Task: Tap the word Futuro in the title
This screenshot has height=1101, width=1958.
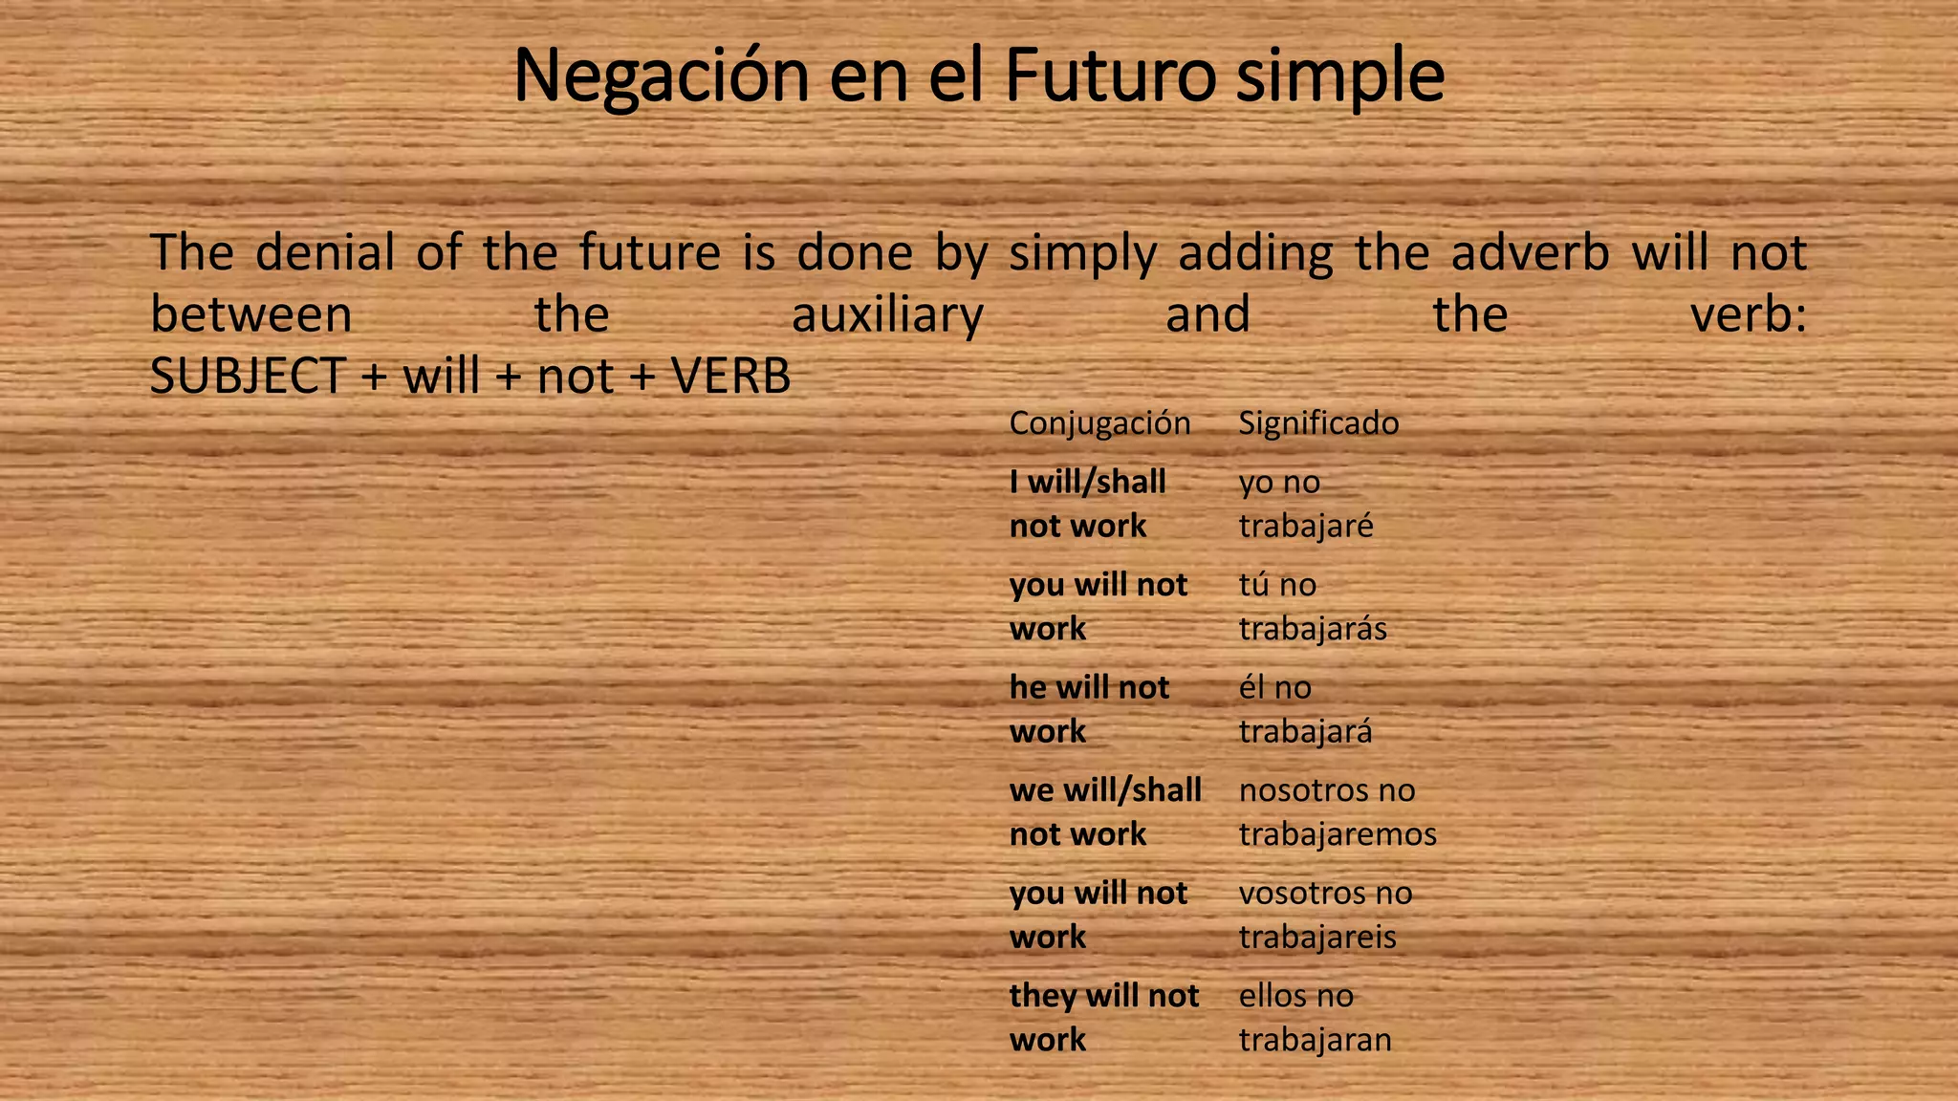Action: tap(1110, 76)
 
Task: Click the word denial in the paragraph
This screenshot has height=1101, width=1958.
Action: tap(325, 253)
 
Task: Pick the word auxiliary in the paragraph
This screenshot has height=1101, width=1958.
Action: tap(887, 315)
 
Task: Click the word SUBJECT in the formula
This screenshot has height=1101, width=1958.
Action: tap(247, 377)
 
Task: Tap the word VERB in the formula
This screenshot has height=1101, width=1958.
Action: tap(731, 377)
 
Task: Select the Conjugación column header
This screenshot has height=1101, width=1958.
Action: tap(1099, 423)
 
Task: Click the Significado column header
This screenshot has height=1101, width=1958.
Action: tap(1318, 423)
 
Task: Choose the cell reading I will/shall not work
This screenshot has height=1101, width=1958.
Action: tap(1088, 504)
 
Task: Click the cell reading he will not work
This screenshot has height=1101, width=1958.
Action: tap(1089, 709)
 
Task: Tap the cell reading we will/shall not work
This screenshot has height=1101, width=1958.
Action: tap(1105, 812)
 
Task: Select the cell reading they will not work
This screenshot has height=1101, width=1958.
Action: tap(1103, 1018)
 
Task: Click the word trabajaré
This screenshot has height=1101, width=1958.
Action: tap(1306, 527)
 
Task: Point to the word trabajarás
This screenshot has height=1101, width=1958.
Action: tap(1313, 629)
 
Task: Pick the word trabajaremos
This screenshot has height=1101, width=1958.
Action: tap(1338, 834)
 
